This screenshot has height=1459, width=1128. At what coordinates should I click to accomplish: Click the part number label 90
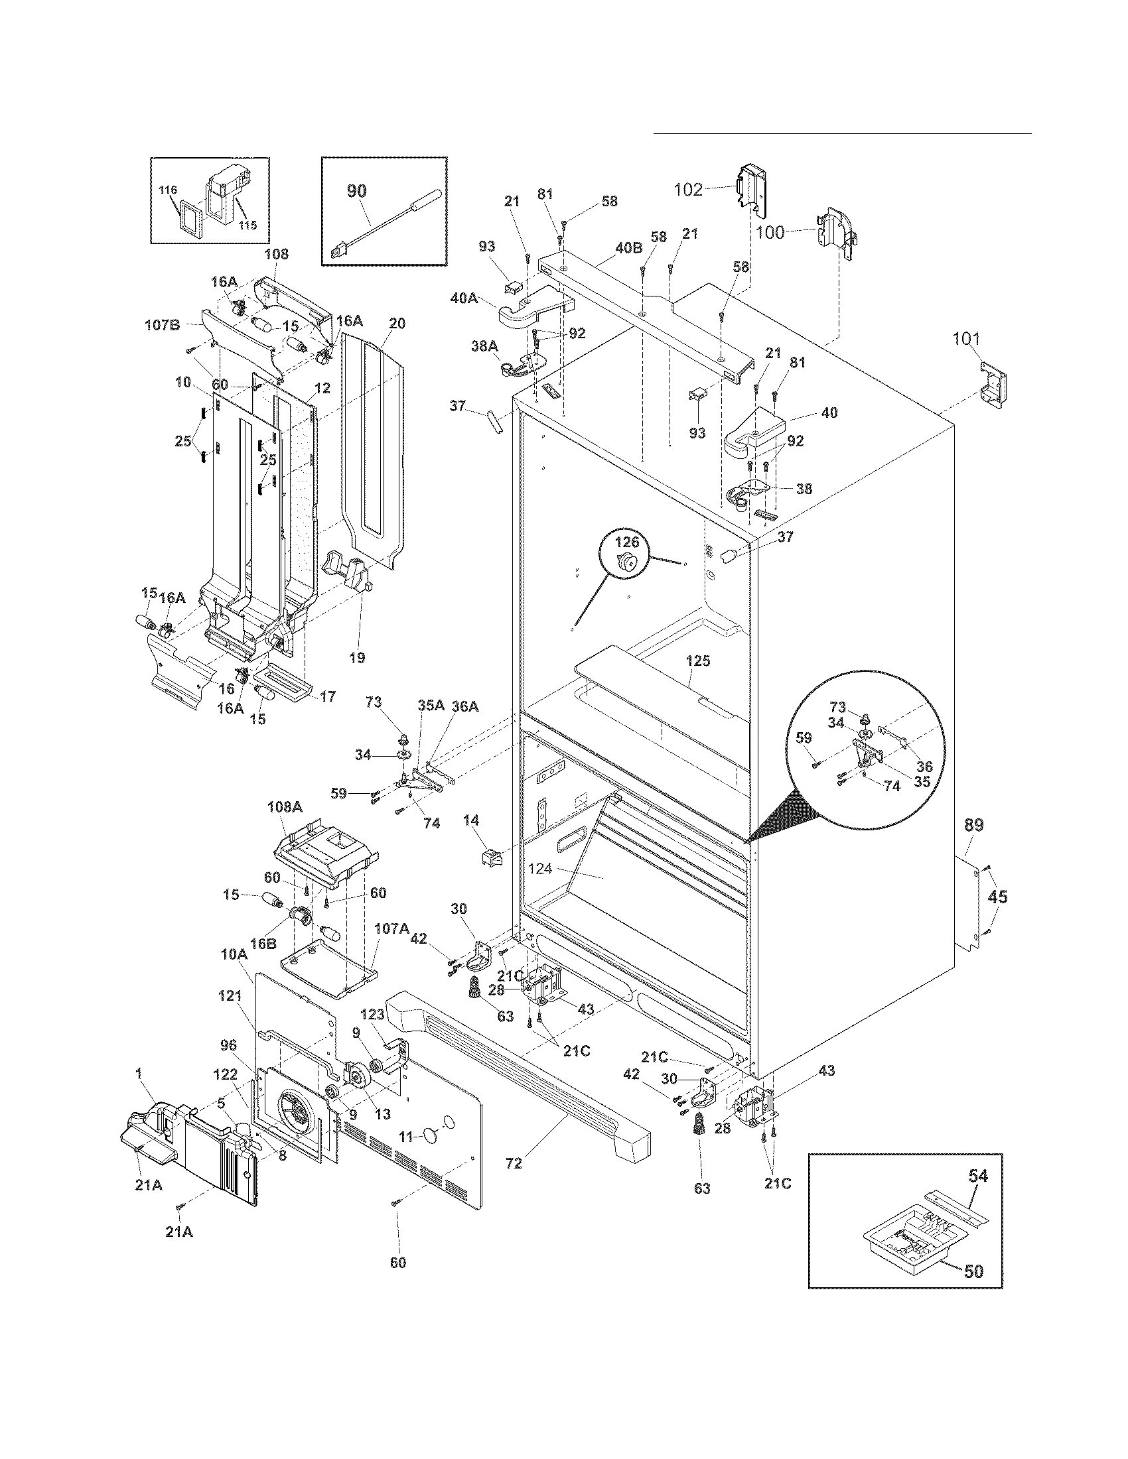click(356, 191)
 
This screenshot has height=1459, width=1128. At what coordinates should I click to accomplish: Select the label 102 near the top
click(687, 190)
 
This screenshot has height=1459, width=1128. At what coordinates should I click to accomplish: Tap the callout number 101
click(965, 340)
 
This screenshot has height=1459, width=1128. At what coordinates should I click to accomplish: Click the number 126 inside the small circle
click(627, 542)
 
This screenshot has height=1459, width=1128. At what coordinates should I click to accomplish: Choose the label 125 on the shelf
click(697, 661)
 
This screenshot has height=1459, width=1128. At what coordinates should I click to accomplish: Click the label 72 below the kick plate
click(513, 1163)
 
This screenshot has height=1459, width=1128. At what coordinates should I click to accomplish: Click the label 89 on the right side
click(973, 825)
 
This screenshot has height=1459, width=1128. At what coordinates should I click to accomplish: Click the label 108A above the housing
click(284, 806)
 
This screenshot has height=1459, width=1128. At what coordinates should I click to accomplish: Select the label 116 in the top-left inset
click(169, 190)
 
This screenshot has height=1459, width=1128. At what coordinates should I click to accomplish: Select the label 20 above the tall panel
click(396, 324)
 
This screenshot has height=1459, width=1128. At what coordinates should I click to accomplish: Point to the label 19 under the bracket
click(357, 658)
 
